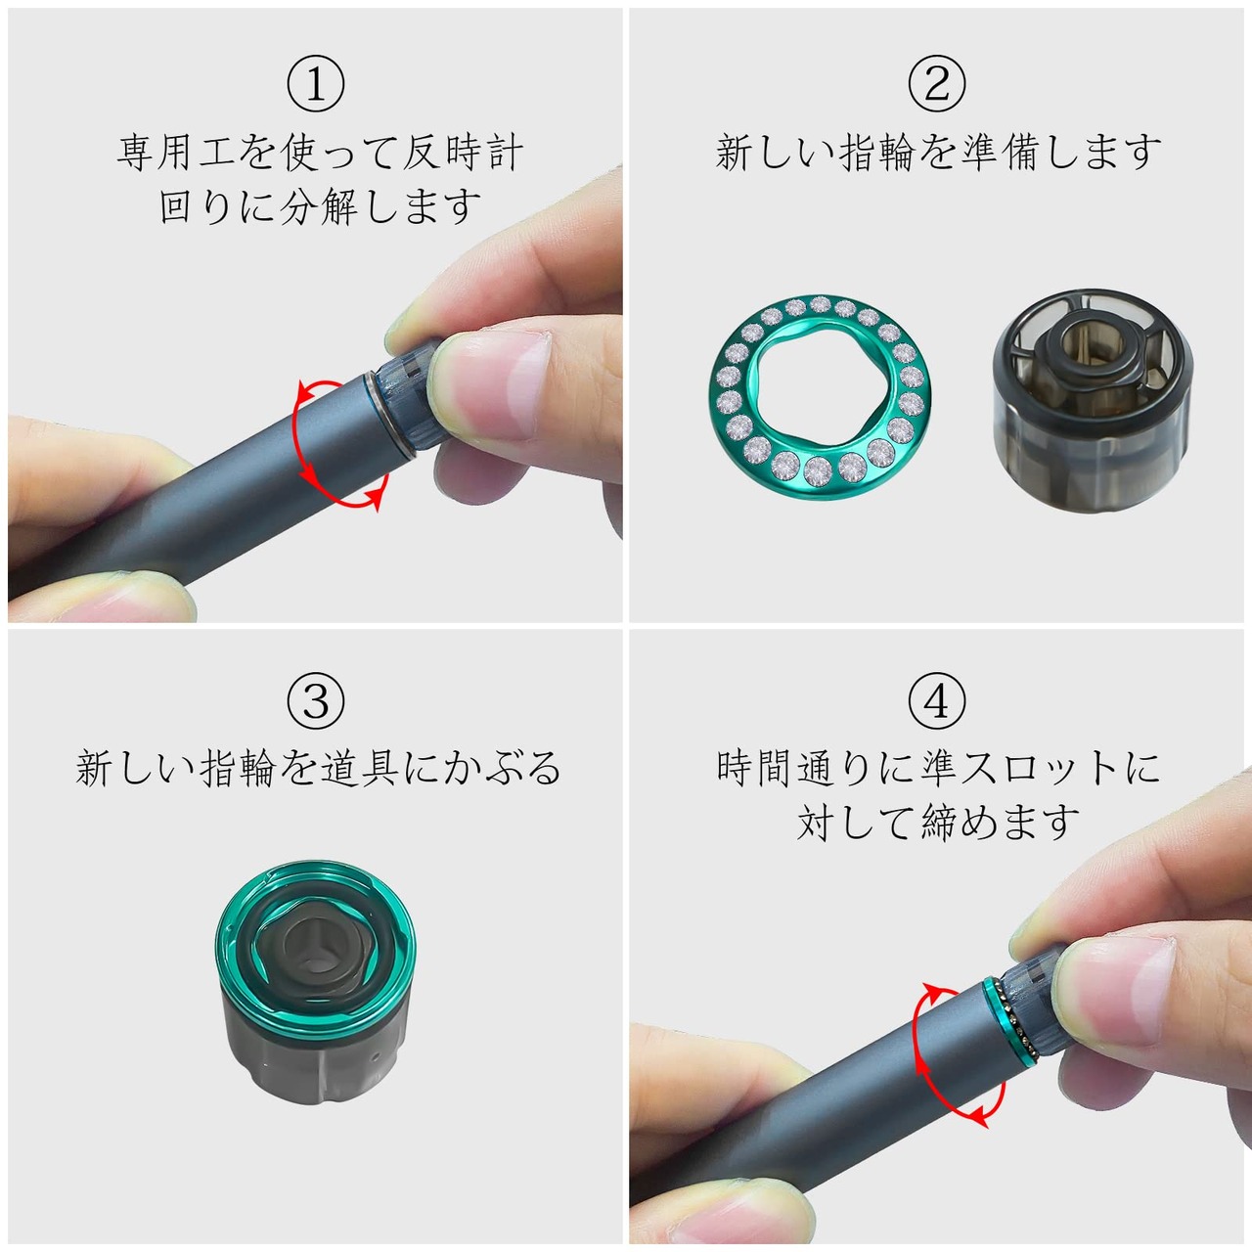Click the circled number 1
pyautogui.click(x=316, y=83)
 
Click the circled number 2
pyautogui.click(x=936, y=83)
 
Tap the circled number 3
pyautogui.click(x=316, y=701)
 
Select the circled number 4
pyautogui.click(x=936, y=701)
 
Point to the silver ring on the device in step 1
pyautogui.click(x=390, y=416)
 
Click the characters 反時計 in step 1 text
pyautogui.click(x=463, y=154)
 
